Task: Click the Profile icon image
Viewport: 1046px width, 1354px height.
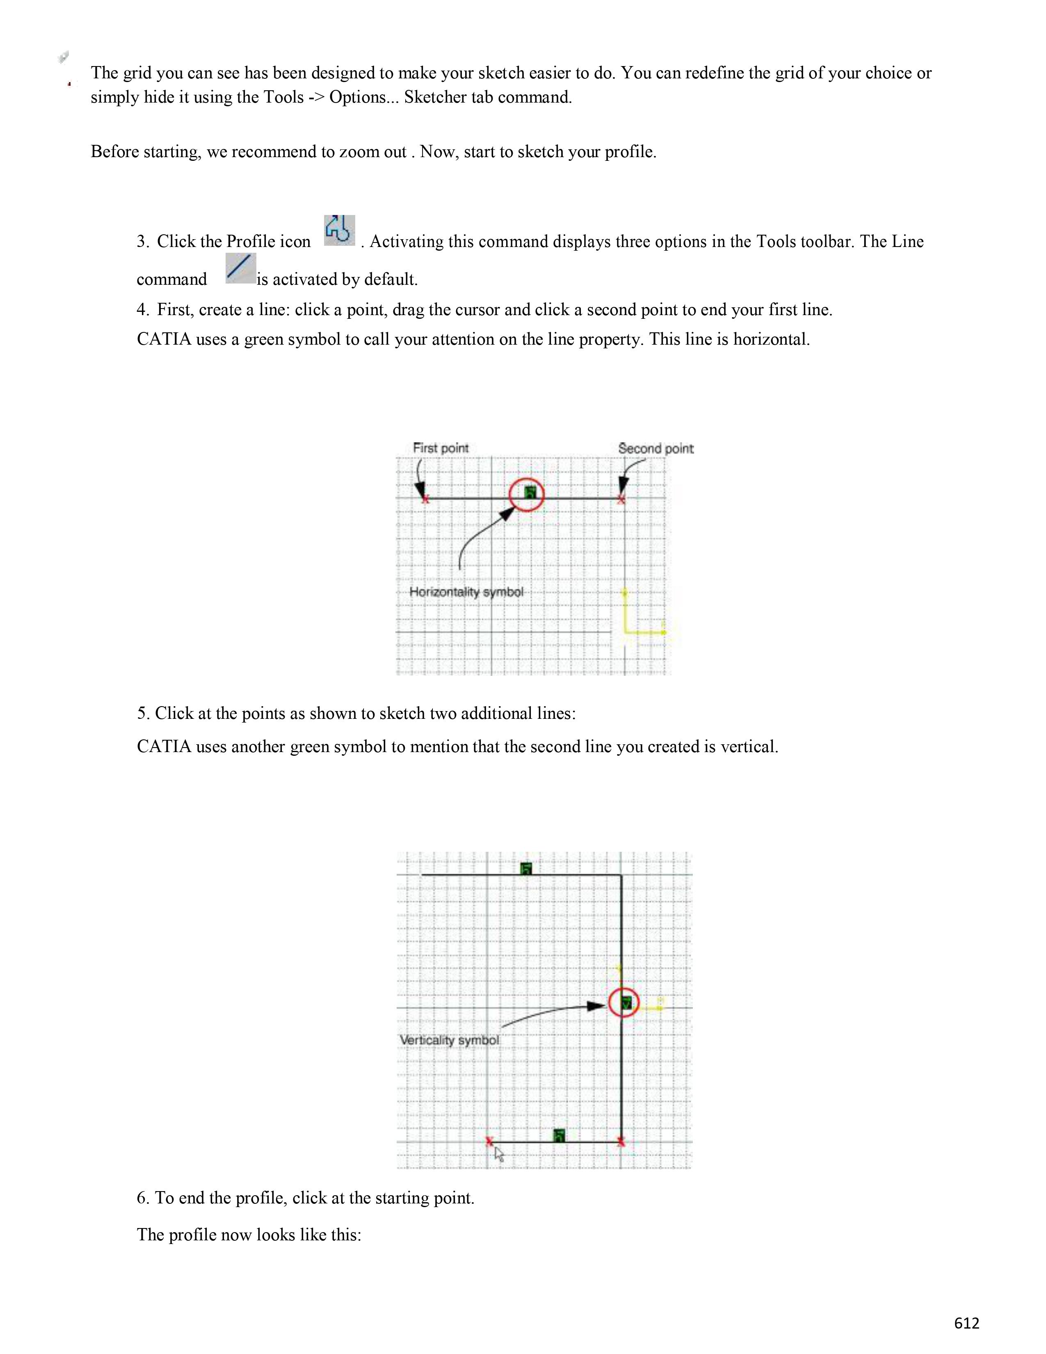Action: [339, 230]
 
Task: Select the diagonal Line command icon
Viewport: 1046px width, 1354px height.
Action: [240, 268]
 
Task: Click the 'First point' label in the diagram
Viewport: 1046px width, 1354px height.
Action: [441, 448]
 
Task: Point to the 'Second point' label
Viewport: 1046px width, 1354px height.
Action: [655, 448]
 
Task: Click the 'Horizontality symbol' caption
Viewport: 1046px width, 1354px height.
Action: [466, 592]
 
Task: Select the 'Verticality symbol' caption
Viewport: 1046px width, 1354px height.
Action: [449, 1040]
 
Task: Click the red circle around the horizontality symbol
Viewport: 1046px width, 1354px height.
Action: [526, 494]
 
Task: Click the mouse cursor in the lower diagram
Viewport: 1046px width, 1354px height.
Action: [499, 1154]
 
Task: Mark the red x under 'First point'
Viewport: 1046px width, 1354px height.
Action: [425, 499]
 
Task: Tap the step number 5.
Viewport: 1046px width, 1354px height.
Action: [142, 714]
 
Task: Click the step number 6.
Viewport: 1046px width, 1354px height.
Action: [142, 1198]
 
